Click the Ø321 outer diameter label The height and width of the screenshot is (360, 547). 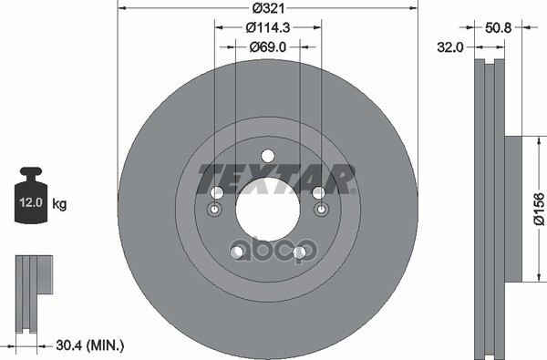(267, 10)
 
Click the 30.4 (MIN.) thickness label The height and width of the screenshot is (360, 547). (90, 345)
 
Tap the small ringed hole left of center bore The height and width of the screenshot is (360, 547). (215, 211)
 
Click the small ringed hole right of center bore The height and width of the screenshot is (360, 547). (320, 211)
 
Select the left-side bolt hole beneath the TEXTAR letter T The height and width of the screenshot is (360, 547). (217, 193)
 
